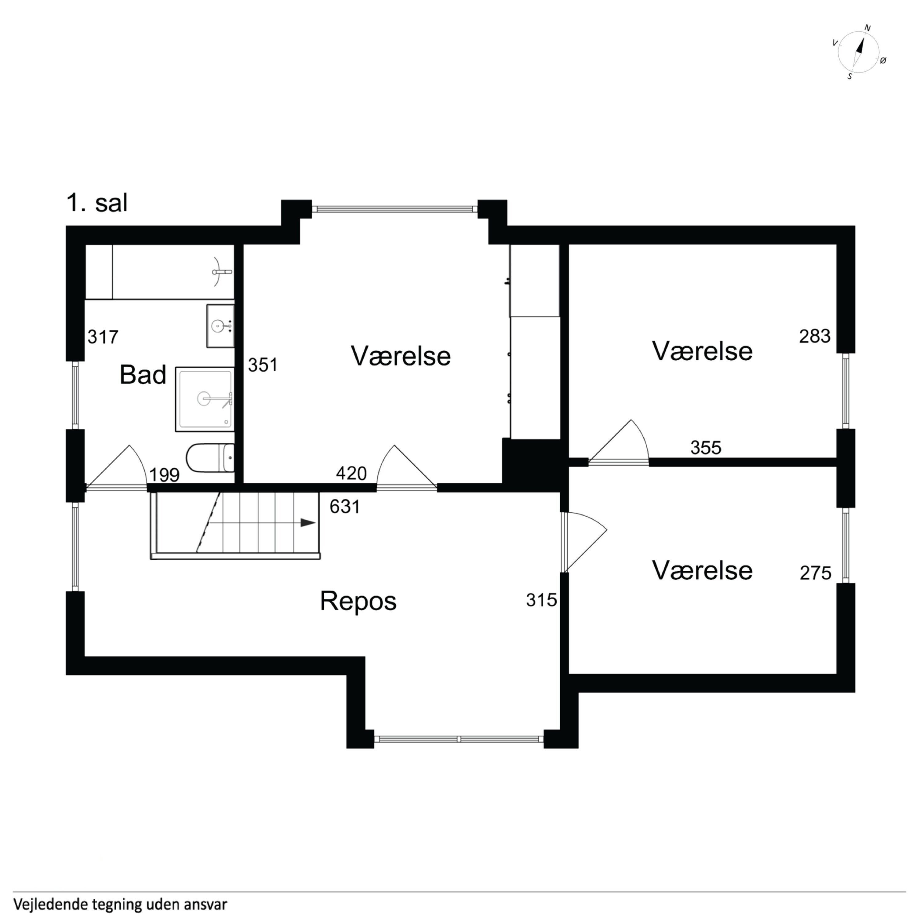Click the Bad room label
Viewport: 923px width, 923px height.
pyautogui.click(x=143, y=374)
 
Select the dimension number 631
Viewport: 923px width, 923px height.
pyautogui.click(x=345, y=506)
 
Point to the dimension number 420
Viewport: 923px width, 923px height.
pyautogui.click(x=351, y=473)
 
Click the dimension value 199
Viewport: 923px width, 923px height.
pyautogui.click(x=164, y=475)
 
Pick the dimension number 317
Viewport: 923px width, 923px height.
pyautogui.click(x=103, y=337)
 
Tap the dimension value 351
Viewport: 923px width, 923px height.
pyautogui.click(x=263, y=365)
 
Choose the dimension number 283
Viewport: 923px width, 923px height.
pyautogui.click(x=815, y=336)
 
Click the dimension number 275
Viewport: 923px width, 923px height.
pyautogui.click(x=816, y=573)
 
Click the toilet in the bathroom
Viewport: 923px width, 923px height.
pyautogui.click(x=210, y=457)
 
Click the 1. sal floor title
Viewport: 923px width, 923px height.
pyautogui.click(x=97, y=203)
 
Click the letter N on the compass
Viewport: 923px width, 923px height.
pyautogui.click(x=868, y=28)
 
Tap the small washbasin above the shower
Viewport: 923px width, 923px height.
pyautogui.click(x=220, y=326)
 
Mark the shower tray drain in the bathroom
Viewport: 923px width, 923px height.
pyautogui.click(x=204, y=398)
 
